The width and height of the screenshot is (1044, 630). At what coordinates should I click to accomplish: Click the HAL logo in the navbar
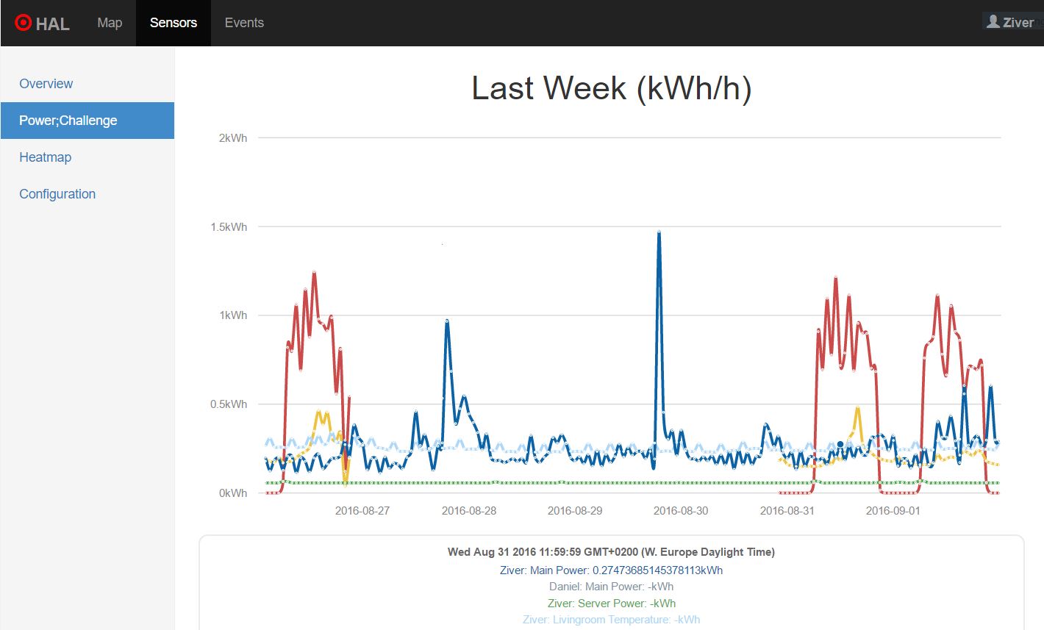[x=42, y=24]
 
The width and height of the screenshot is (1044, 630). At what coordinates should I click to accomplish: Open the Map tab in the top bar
[x=110, y=23]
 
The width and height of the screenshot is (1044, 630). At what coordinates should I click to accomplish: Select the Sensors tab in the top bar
[x=174, y=23]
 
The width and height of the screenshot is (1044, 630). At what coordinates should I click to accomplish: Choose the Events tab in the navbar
[x=244, y=23]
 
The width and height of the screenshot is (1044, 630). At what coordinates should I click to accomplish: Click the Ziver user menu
[x=1011, y=22]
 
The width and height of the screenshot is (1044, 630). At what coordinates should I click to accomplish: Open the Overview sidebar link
[x=46, y=84]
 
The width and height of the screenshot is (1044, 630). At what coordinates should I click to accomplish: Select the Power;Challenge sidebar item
[x=68, y=121]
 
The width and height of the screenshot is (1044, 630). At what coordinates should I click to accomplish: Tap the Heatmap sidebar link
[x=46, y=157]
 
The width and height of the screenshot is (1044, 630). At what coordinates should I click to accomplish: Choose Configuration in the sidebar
[x=57, y=194]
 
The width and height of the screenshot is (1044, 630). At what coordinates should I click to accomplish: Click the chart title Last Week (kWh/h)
[x=611, y=88]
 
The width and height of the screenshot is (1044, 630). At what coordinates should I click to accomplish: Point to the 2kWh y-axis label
[x=233, y=138]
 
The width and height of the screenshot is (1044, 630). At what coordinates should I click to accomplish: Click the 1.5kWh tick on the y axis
[x=229, y=227]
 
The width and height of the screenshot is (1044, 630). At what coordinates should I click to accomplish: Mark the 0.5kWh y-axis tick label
[x=229, y=404]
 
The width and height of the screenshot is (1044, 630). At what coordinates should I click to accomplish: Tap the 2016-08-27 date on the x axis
[x=362, y=511]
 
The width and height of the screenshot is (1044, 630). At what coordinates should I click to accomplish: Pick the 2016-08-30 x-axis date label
[x=681, y=511]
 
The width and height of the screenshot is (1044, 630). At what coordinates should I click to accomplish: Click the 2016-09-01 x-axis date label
[x=893, y=511]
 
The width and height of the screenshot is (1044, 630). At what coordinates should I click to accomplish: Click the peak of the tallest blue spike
[x=659, y=232]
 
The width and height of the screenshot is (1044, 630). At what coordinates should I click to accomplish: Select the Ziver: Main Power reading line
[x=611, y=570]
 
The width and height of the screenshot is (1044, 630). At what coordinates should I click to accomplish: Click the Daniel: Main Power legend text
[x=611, y=587]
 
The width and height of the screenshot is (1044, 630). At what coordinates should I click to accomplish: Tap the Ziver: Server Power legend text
[x=611, y=604]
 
